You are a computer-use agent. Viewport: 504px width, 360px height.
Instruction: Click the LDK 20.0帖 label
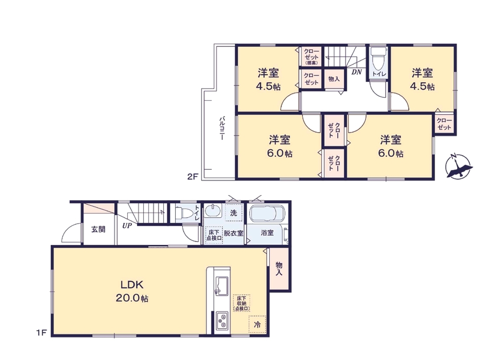[x=132, y=291]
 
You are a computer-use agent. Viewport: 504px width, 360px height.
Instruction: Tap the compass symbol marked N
[x=458, y=167]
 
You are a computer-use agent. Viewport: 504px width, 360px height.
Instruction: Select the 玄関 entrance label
[x=98, y=230]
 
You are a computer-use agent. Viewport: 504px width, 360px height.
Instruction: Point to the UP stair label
[x=127, y=226]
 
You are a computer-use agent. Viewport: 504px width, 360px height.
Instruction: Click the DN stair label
[x=357, y=72]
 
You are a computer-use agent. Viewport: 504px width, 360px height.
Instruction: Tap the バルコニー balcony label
[x=222, y=128]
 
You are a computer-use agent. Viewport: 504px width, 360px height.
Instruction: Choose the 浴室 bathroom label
[x=267, y=233]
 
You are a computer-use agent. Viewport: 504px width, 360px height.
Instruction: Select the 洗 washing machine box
[x=233, y=213]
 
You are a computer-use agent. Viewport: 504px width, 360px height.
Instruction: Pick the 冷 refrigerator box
[x=257, y=324]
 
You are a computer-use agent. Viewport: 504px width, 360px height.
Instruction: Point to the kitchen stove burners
[x=222, y=320]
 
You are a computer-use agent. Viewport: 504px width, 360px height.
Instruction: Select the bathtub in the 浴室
[x=267, y=214]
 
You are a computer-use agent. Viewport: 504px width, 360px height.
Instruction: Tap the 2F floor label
[x=192, y=176]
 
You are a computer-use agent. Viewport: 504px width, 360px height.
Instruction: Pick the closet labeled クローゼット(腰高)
[x=311, y=56]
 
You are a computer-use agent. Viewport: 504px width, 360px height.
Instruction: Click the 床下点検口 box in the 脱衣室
[x=214, y=235]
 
